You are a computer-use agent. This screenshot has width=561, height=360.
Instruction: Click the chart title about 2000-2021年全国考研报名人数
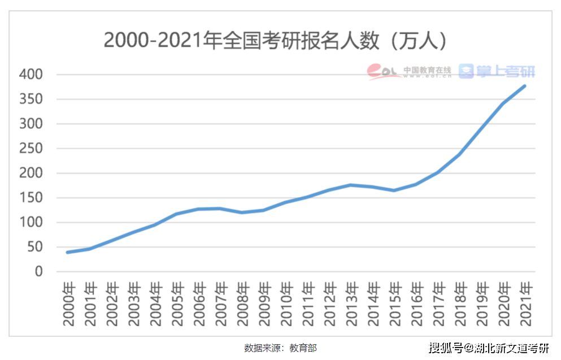click(x=276, y=41)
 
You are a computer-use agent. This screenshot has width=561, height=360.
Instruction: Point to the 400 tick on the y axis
click(x=31, y=75)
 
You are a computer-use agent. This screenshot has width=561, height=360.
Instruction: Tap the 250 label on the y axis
click(x=31, y=149)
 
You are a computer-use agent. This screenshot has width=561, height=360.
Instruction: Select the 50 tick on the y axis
click(x=34, y=247)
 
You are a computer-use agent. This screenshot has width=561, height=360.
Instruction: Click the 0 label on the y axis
click(x=38, y=272)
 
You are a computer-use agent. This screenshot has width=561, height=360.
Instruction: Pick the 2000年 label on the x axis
click(x=68, y=303)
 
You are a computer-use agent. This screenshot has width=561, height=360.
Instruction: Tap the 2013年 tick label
click(x=351, y=303)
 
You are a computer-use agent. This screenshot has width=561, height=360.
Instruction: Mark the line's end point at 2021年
click(x=525, y=86)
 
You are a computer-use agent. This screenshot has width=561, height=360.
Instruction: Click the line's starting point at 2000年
click(x=68, y=252)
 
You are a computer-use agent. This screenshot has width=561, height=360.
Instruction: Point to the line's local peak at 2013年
click(x=351, y=185)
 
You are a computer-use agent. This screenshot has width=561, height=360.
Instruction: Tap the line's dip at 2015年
click(x=394, y=190)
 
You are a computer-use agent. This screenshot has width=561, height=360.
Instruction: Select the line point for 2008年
click(x=242, y=212)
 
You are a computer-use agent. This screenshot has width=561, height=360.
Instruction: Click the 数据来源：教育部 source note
click(x=280, y=348)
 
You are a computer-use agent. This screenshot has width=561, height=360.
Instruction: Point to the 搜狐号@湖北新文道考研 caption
click(x=489, y=348)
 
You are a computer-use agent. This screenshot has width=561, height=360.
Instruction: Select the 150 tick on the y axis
click(x=31, y=198)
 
